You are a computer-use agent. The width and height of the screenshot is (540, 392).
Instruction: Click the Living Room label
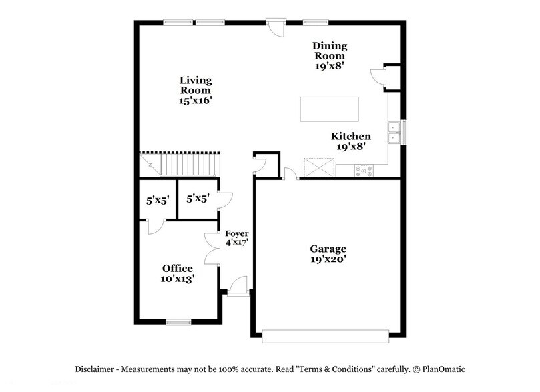tap(196, 90)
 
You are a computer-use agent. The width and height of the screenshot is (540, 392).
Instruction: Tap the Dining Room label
tap(330, 56)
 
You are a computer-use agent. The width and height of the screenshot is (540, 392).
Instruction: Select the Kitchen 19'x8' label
tap(351, 141)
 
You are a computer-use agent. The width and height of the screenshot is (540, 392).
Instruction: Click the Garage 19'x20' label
tap(327, 254)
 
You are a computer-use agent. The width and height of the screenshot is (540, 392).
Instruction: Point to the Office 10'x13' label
tap(178, 273)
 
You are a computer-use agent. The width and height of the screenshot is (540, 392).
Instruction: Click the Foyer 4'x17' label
tap(236, 238)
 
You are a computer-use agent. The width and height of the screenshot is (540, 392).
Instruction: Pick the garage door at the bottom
tap(326, 337)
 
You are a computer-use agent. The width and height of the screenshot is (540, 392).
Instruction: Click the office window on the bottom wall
tap(178, 323)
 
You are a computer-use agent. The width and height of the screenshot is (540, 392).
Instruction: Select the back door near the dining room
tap(274, 27)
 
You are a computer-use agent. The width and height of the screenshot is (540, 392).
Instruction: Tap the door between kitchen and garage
tap(290, 175)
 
